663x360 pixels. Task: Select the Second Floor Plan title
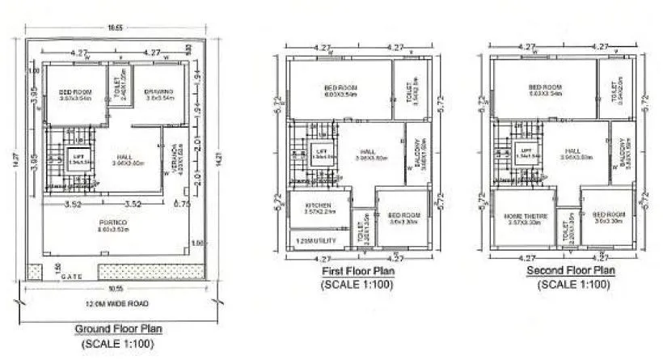point(570,270)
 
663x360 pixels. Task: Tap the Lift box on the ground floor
point(78,159)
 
